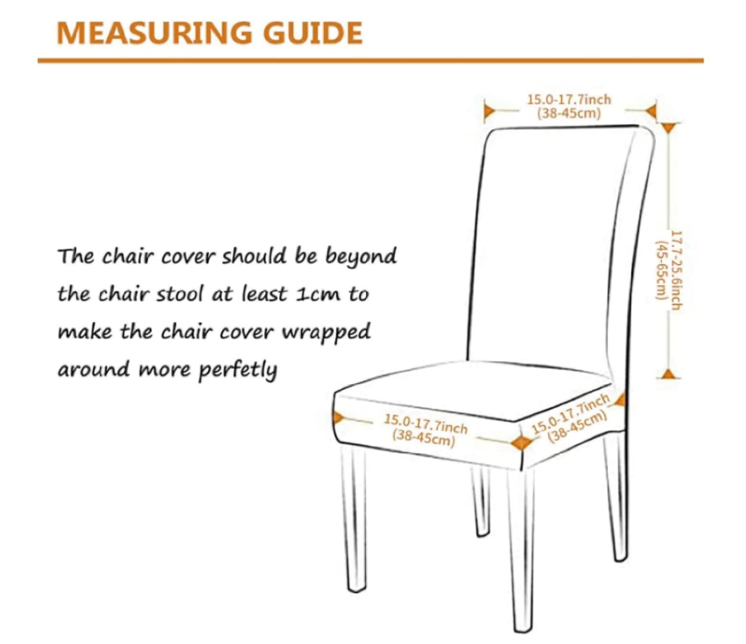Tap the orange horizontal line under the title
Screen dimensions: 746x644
click(371, 60)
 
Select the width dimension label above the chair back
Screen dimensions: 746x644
click(569, 106)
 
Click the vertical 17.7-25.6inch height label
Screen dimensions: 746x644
click(669, 270)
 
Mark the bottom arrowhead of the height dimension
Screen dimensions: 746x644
click(669, 373)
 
